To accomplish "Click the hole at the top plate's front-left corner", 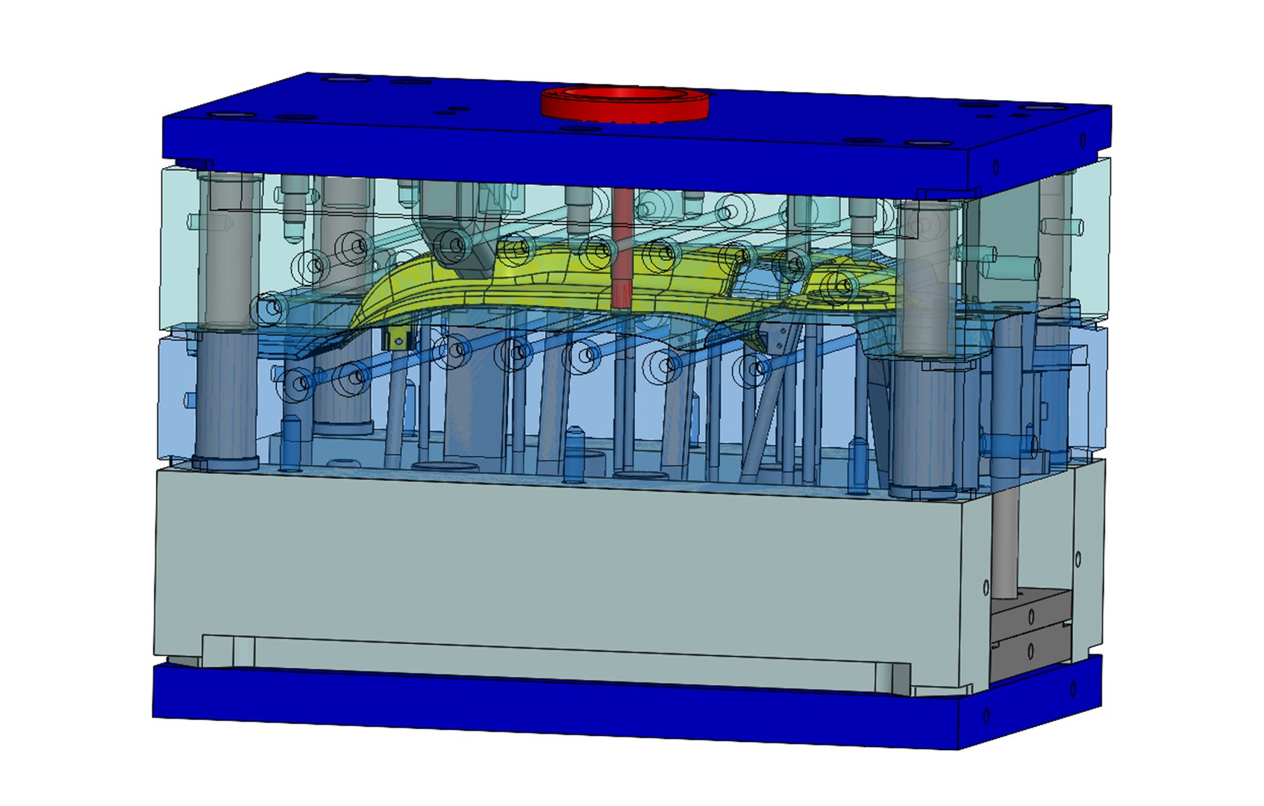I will click(x=222, y=116).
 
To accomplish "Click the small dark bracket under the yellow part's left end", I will click(x=398, y=340).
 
